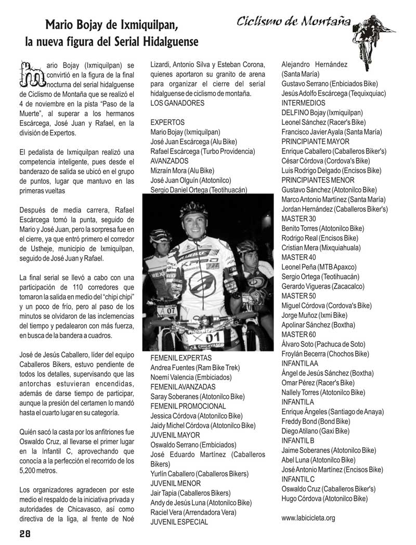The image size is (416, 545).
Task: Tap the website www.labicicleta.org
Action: (x=308, y=517)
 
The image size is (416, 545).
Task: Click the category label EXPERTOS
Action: (x=167, y=122)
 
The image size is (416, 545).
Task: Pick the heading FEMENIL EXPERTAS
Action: (x=181, y=358)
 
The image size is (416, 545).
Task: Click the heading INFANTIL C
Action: (x=298, y=479)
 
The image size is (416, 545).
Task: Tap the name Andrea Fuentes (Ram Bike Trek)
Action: (x=194, y=368)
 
